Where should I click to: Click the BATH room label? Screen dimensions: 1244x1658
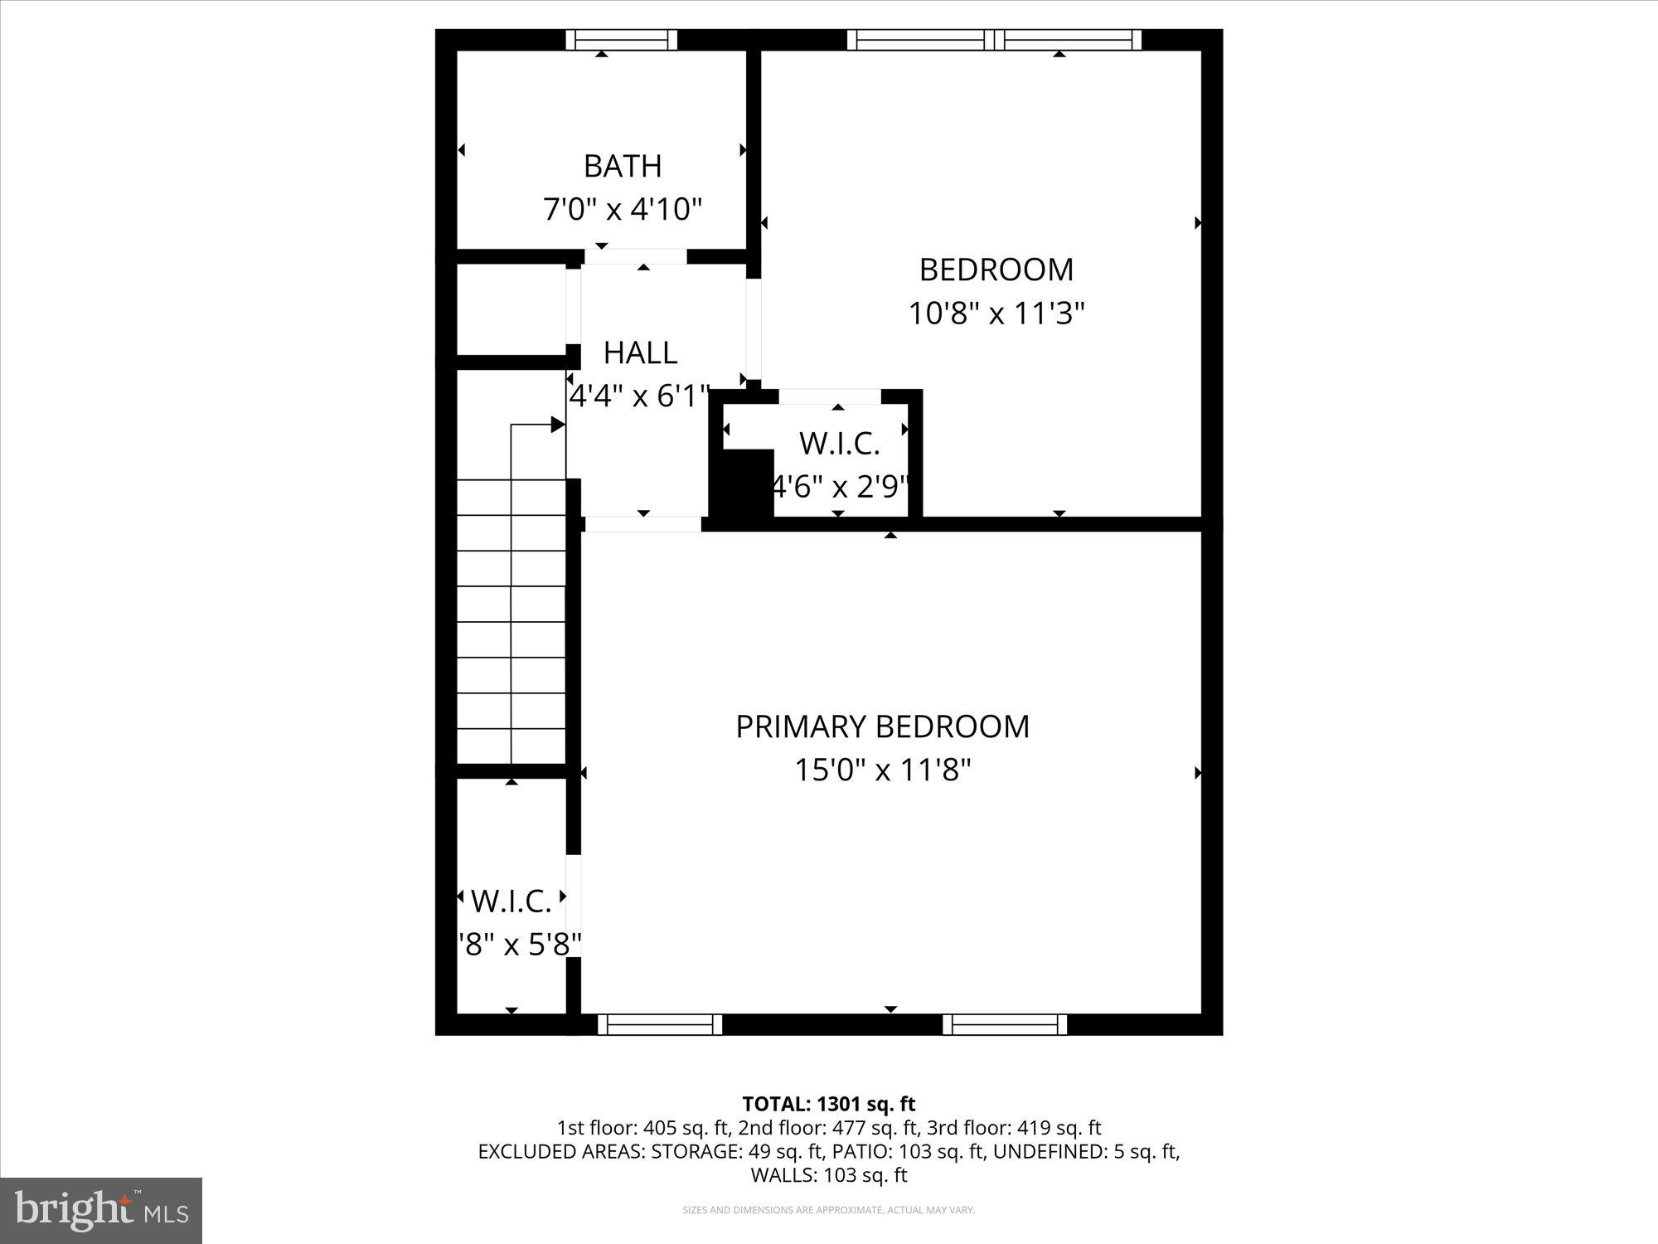point(623,166)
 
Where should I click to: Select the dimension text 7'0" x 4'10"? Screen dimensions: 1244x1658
point(623,209)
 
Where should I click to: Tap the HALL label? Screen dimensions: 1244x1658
point(640,353)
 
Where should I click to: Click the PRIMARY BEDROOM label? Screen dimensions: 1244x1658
point(882,726)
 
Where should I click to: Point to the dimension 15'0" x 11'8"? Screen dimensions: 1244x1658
point(882,770)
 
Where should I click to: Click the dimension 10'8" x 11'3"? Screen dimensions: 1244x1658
point(996,313)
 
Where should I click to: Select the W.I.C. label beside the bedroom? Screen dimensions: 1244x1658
point(839,444)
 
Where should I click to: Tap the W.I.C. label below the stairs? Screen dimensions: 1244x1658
point(511,901)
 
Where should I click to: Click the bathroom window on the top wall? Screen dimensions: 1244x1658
point(622,39)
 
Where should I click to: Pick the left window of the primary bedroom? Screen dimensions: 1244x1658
point(660,1024)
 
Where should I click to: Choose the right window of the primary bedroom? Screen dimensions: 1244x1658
point(1005,1024)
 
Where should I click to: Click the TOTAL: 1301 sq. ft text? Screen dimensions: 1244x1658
point(828,1104)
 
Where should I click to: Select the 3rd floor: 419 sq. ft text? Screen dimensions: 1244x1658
point(1015,1128)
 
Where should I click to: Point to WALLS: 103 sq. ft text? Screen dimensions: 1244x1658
point(828,1175)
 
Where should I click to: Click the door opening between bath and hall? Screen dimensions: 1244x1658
point(636,257)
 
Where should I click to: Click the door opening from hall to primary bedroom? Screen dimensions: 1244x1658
point(643,524)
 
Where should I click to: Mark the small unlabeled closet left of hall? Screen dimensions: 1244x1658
point(511,309)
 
